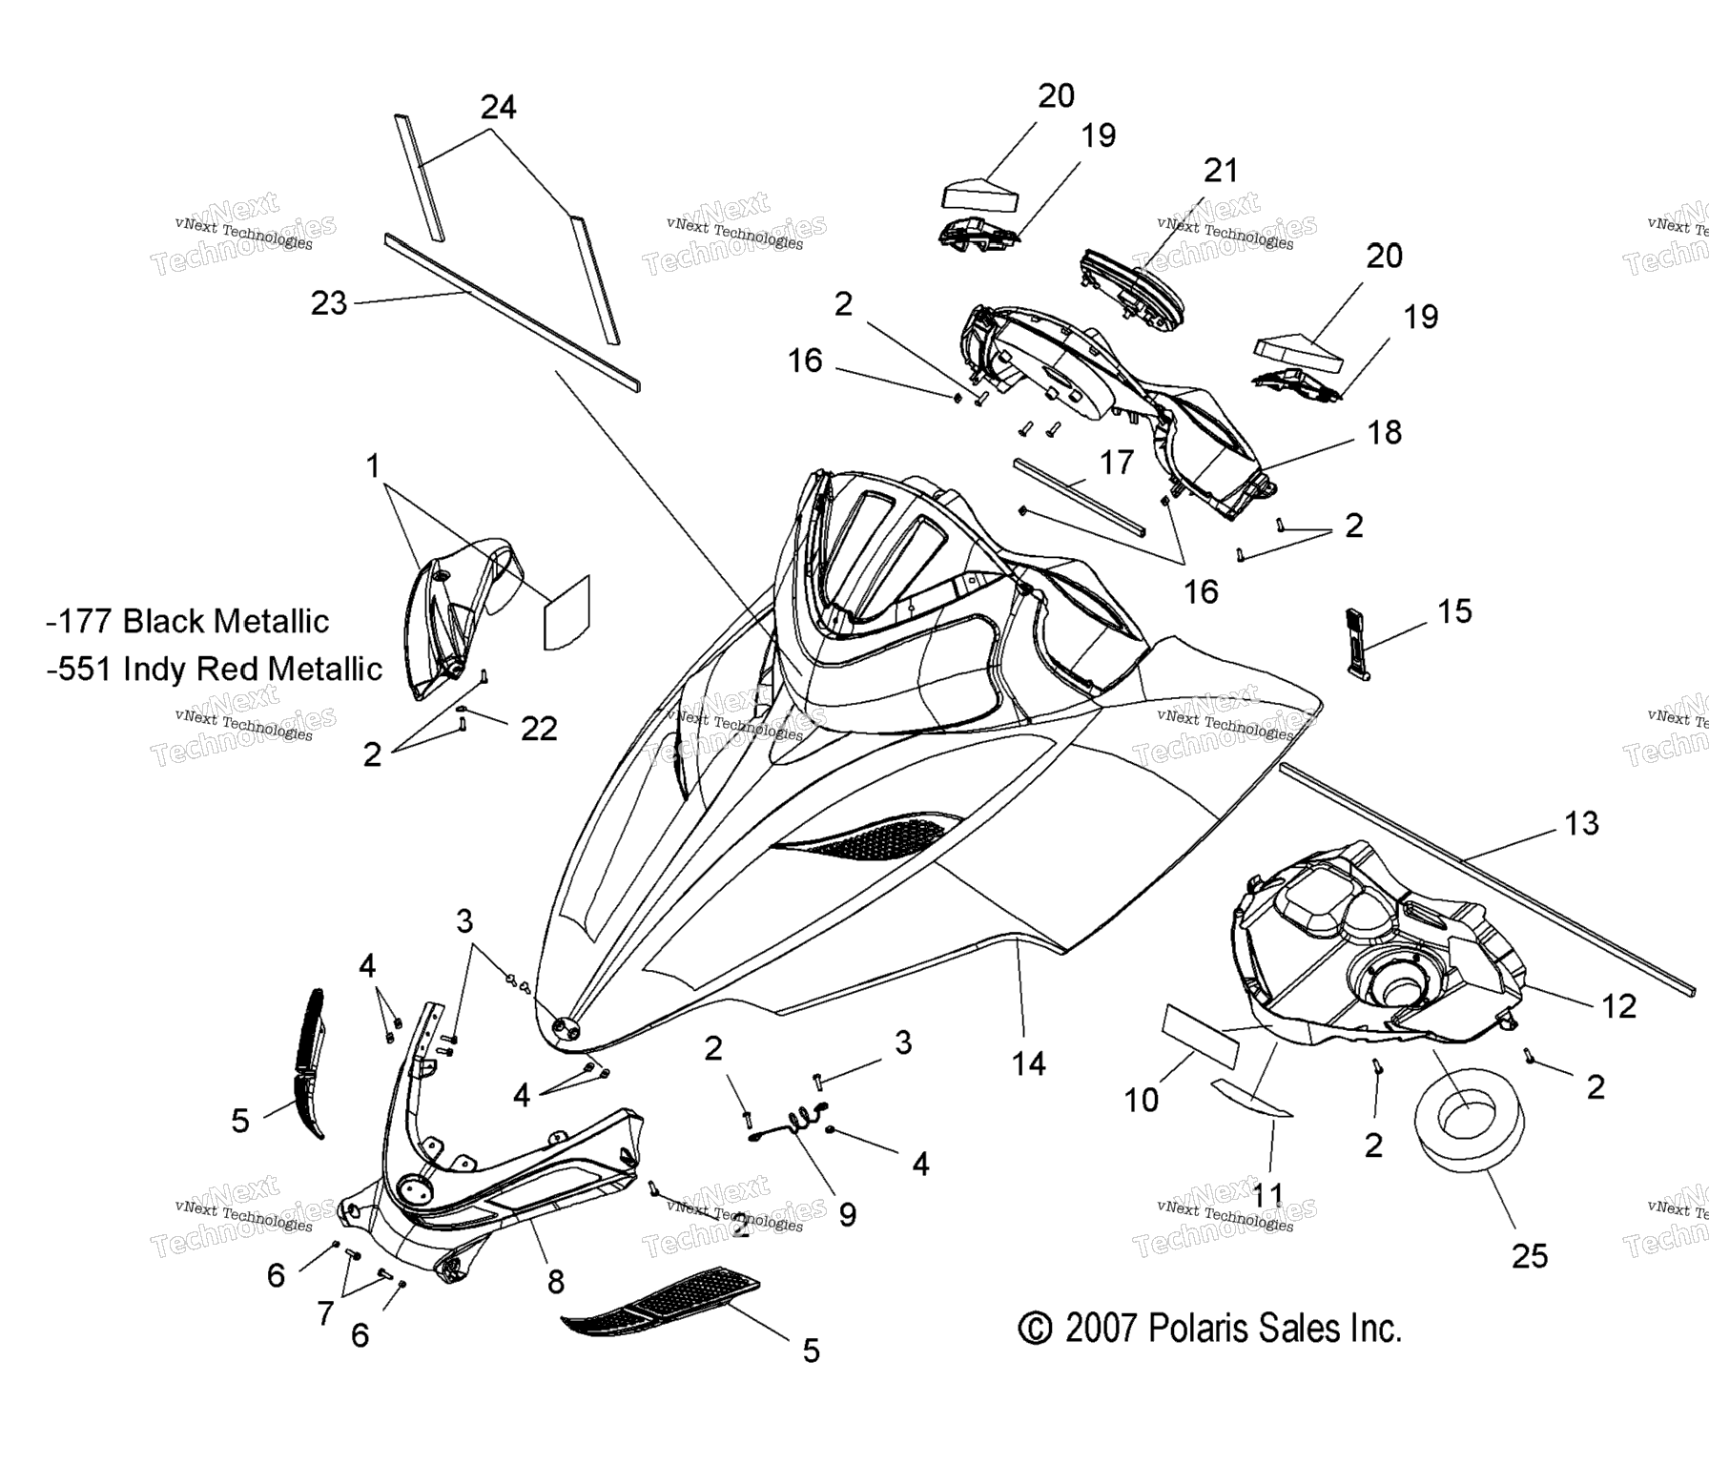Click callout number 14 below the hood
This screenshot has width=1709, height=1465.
(1028, 1063)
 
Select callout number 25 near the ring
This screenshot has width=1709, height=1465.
(1530, 1256)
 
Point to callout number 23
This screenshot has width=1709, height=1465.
(329, 303)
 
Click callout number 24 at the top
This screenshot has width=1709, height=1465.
(498, 107)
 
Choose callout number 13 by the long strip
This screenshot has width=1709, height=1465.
(1581, 823)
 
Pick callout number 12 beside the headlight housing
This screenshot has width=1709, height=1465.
(1618, 1005)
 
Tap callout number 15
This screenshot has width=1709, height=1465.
(1454, 611)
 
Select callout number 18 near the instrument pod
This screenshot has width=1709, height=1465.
(1385, 432)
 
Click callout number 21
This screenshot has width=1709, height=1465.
(1221, 171)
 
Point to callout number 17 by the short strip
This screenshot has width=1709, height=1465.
(1116, 463)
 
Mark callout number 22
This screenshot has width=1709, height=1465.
(539, 729)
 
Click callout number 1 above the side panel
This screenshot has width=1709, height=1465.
(373, 466)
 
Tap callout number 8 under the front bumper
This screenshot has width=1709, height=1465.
(556, 1282)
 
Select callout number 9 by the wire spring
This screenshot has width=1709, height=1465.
(847, 1214)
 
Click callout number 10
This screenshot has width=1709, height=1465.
(1142, 1100)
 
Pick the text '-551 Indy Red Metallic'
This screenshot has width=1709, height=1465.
(215, 669)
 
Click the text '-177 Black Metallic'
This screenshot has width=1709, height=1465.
(188, 621)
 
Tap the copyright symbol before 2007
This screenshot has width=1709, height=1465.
(1035, 1328)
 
